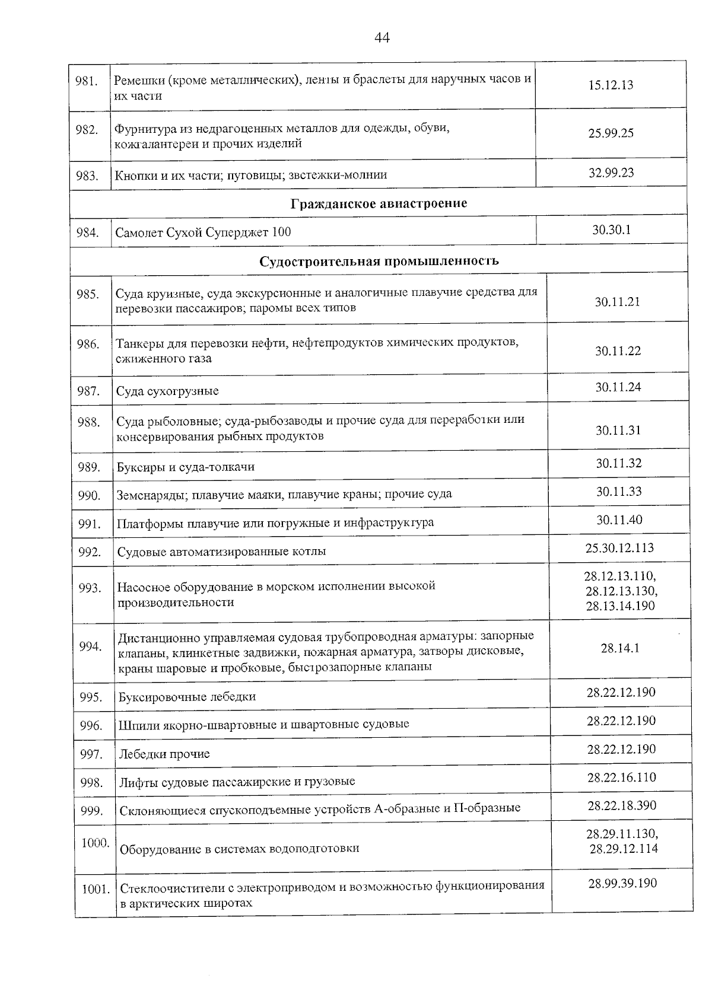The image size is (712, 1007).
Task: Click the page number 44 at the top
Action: pos(382,38)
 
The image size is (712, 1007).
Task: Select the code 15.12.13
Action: pos(611,85)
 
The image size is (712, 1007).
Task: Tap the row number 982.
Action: pos(87,130)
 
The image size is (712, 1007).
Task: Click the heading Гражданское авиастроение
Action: pos(379,203)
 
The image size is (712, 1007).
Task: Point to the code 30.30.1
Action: pos(611,230)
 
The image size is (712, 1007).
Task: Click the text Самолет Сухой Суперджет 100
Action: pos(203,232)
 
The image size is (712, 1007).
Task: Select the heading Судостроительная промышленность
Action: pos(379,261)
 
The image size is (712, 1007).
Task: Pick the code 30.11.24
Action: pos(618,387)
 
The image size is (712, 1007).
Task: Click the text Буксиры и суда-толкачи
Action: pos(185,467)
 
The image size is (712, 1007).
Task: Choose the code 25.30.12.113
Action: pos(619,547)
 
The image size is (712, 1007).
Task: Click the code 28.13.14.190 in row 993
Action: pos(620,606)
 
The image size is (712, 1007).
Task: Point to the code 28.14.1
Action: pos(620,648)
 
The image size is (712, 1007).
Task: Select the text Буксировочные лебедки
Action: pos(187,697)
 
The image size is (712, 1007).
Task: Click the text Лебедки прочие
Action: pos(164,754)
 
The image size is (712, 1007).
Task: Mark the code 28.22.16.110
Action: pos(621,777)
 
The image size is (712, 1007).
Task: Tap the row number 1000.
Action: pos(95,843)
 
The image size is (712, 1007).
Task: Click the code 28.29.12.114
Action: pos(624,849)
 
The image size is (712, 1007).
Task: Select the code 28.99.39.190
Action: pos(622,884)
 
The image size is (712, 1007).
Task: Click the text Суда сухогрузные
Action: pos(167,391)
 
